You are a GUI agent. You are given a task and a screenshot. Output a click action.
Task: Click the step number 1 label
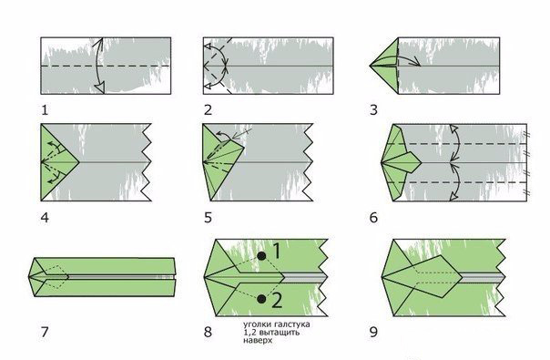point(45,110)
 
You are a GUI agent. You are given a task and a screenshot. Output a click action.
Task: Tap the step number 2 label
point(208,110)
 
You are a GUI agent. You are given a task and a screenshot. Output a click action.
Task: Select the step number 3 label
point(373,110)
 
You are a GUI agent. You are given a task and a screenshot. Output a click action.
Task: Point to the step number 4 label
point(45,218)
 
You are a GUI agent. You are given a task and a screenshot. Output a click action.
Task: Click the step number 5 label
point(208,218)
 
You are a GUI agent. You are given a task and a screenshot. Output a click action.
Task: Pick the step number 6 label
point(373,218)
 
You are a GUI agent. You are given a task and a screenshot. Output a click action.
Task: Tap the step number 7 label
point(45,332)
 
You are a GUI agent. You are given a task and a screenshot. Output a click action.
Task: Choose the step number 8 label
point(208,332)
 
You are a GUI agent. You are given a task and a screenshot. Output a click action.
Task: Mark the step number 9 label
point(373,332)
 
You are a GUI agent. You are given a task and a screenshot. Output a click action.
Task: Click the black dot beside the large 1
point(261,256)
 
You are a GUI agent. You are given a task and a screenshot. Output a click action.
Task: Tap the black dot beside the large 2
point(261,299)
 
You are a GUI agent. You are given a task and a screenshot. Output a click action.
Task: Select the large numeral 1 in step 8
point(277,252)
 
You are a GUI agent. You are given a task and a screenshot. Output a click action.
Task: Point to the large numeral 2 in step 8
point(277,300)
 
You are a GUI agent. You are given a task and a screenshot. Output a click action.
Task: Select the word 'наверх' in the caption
point(258,340)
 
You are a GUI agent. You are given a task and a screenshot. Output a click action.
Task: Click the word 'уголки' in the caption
point(255,324)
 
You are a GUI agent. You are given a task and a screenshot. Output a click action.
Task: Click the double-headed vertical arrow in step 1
point(97,66)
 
